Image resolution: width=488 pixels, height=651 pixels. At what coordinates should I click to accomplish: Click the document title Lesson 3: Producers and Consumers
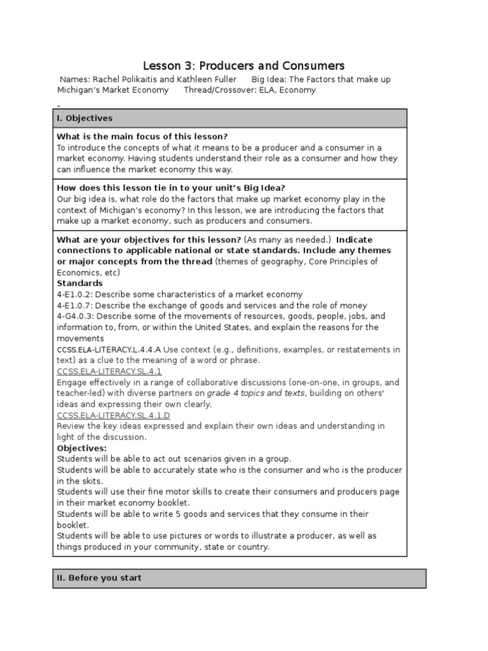pos(243,65)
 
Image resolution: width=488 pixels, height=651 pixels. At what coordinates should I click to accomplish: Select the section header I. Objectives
pos(85,118)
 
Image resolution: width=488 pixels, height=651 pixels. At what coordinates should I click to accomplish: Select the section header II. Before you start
pos(99,578)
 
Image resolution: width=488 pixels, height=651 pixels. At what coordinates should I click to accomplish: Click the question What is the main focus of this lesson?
pos(142,137)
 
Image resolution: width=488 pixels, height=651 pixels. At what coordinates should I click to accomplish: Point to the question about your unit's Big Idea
pos(171,188)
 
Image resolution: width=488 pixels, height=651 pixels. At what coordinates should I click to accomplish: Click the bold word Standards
pos(79,283)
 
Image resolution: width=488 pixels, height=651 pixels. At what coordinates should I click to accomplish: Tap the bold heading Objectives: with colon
pos(82,448)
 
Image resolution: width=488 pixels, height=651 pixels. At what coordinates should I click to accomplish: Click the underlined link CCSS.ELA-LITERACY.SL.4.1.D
pos(113,415)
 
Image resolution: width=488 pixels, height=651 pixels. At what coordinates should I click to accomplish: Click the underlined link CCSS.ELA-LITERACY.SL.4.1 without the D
pos(109,371)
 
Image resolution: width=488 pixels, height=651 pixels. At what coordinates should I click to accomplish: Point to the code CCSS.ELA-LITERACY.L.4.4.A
pos(109,350)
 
